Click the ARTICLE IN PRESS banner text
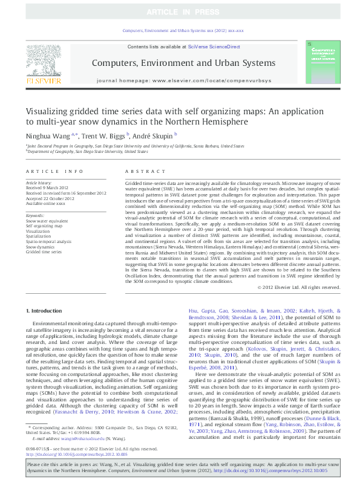click(180, 12)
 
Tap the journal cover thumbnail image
click(322, 63)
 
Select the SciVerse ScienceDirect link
click(214, 47)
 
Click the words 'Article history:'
click(39, 182)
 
